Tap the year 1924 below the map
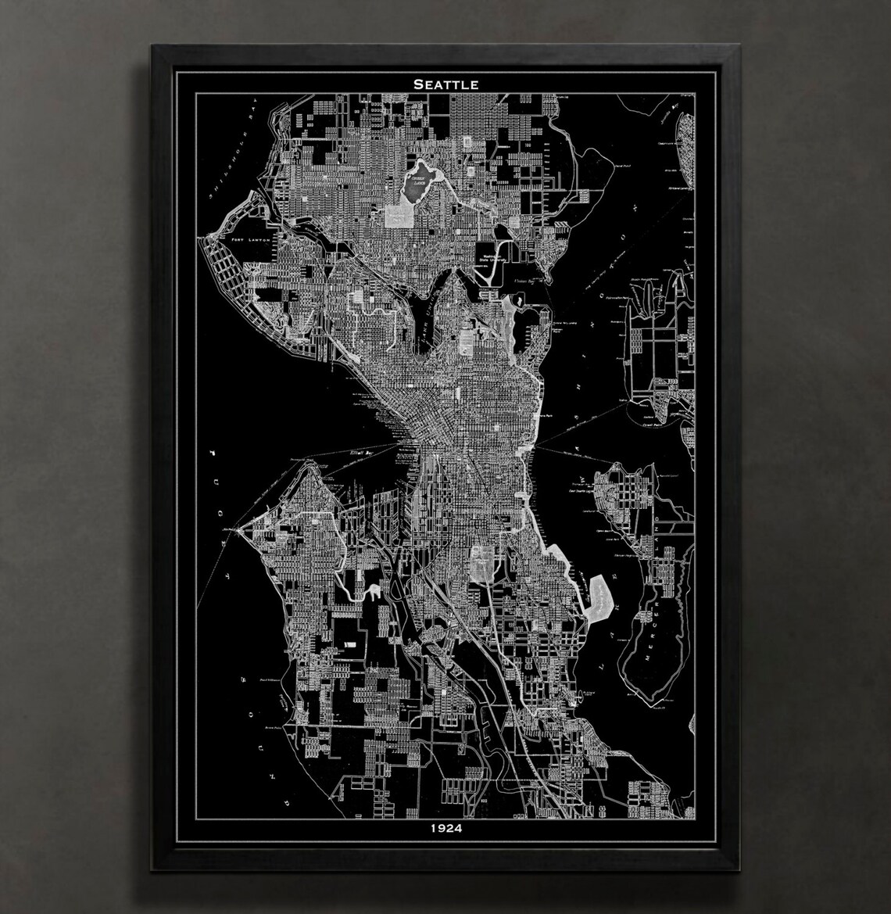[445, 829]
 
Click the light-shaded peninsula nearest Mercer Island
[600, 598]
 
